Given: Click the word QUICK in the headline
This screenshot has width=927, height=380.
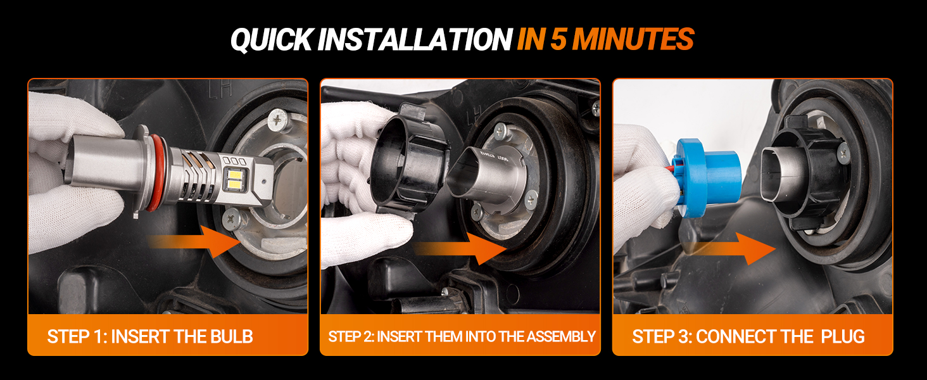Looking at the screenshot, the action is (271, 40).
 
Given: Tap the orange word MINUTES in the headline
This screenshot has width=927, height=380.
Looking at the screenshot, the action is (633, 39).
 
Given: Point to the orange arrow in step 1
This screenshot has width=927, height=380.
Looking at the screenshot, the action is (194, 241).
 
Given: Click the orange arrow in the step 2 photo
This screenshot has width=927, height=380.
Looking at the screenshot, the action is (460, 248).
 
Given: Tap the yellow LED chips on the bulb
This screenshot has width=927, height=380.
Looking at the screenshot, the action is (235, 180).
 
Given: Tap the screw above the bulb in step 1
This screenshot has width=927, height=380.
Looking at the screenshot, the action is (278, 120).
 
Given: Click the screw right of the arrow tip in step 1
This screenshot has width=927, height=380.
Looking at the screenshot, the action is (232, 219).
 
